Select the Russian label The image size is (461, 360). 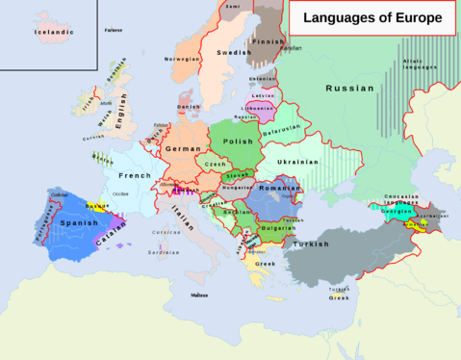tap(349, 88)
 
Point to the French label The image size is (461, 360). tap(134, 176)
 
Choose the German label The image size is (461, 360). tap(183, 149)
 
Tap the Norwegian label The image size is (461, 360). tap(183, 60)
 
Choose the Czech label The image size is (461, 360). tap(216, 165)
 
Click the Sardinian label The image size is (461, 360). tap(164, 252)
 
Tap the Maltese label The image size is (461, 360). tap(199, 295)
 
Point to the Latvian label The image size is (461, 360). tap(263, 96)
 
